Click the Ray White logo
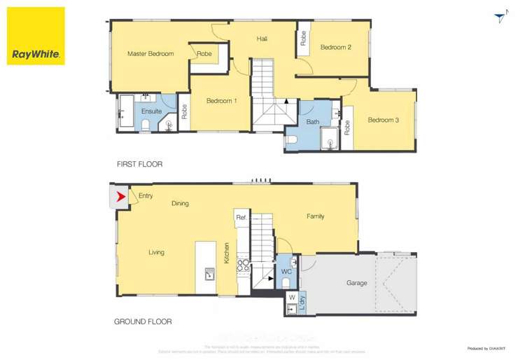coord(36,36)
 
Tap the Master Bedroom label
coord(150,54)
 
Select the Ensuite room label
coord(151,111)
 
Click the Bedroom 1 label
coord(221,101)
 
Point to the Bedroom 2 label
coord(335,48)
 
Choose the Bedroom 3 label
coord(383,120)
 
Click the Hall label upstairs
coord(262,39)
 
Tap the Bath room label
coord(312,122)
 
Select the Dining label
coord(180,204)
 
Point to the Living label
coord(156,252)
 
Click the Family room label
coord(315,216)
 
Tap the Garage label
coord(356,284)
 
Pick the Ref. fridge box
coord(241,218)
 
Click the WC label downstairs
coord(286,271)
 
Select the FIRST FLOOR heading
coord(139,165)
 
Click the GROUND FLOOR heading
coord(143,322)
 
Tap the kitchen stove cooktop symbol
coord(244,265)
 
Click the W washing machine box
coord(292,298)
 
